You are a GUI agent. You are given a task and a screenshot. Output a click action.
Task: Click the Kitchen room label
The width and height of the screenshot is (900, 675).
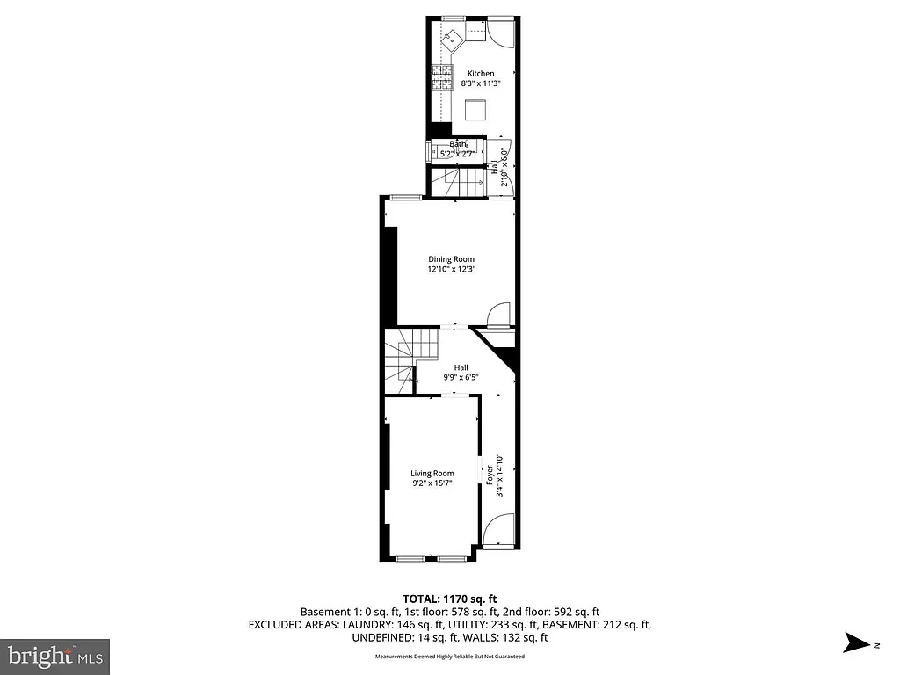click(x=480, y=74)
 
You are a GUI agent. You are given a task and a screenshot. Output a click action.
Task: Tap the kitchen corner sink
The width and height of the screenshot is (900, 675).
click(x=454, y=38)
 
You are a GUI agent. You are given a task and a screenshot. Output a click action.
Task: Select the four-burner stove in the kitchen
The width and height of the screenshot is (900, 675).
click(x=437, y=80)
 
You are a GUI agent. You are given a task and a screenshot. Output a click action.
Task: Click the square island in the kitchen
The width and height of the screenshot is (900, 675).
click(x=475, y=111)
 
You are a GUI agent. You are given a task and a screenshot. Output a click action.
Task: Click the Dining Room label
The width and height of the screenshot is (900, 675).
click(x=451, y=259)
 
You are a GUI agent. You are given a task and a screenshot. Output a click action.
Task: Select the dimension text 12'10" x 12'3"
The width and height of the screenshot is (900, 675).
click(x=451, y=270)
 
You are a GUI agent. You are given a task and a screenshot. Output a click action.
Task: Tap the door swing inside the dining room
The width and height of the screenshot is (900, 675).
click(x=498, y=315)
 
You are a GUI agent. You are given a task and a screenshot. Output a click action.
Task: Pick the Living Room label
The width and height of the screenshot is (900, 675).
click(x=432, y=474)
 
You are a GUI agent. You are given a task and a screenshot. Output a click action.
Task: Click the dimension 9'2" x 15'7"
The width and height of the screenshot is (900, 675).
click(x=432, y=483)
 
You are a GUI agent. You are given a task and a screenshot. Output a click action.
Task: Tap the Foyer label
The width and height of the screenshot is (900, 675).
click(x=490, y=475)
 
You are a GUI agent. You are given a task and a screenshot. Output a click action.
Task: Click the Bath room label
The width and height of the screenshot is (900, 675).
click(x=459, y=144)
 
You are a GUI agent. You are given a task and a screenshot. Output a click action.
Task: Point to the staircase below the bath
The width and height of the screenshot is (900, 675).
click(x=457, y=182)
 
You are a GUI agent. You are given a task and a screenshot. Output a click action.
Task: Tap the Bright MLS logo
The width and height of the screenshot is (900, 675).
click(x=55, y=655)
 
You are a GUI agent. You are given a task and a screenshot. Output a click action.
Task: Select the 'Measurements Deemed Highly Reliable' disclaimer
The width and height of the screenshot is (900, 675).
click(x=450, y=657)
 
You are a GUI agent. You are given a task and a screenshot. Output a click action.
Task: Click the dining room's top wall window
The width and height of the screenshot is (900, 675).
click(x=404, y=197)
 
